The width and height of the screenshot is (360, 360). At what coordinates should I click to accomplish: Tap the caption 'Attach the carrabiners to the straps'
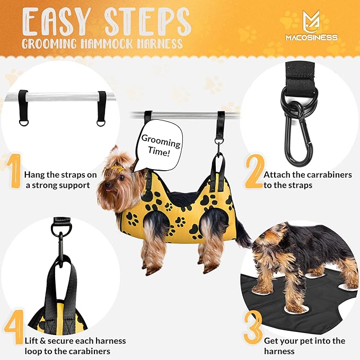click(308, 180)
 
